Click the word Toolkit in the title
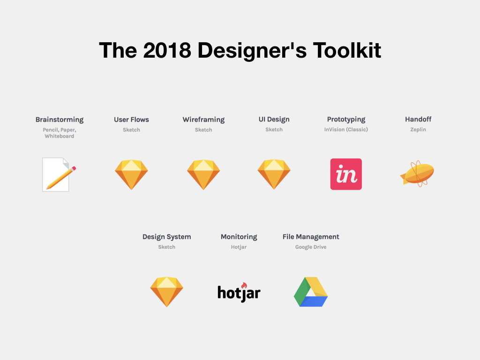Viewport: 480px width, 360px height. [x=347, y=50]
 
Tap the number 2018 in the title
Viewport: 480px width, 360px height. [x=167, y=50]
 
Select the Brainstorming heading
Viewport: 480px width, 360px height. [x=60, y=120]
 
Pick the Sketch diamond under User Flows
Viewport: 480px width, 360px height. [x=131, y=174]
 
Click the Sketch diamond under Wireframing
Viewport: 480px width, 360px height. [x=203, y=174]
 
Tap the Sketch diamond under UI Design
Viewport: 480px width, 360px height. [x=274, y=174]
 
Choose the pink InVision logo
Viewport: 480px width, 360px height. [x=346, y=174]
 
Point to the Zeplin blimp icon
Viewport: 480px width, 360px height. [x=417, y=173]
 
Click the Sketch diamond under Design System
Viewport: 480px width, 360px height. [x=166, y=292]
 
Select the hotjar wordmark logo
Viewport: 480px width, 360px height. [x=239, y=292]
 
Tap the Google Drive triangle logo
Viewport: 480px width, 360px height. [x=311, y=292]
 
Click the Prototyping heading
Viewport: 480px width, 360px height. [x=346, y=120]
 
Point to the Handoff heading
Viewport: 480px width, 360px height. [x=418, y=119]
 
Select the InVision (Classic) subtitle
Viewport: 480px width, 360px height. [x=346, y=129]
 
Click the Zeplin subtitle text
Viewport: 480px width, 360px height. [x=418, y=129]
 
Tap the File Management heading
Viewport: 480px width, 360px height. [x=311, y=237]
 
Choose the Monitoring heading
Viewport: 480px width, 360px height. [x=239, y=237]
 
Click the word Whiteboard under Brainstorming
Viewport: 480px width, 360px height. [x=60, y=136]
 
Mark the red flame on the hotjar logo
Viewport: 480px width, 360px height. [x=244, y=285]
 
